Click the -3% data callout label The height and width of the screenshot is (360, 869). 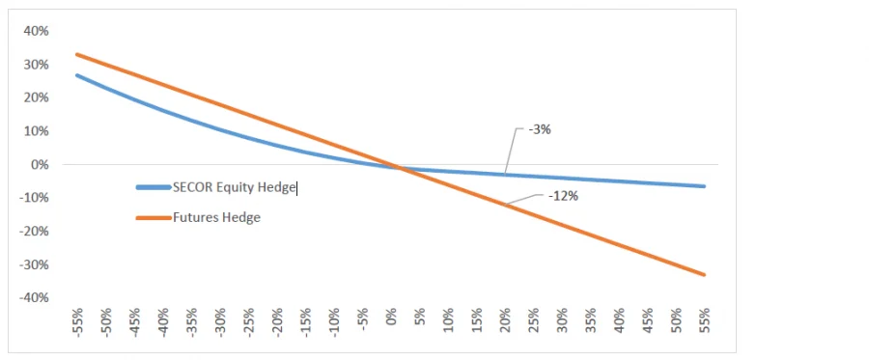click(x=539, y=129)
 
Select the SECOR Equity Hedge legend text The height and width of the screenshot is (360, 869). click(x=234, y=187)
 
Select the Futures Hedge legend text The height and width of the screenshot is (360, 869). click(x=216, y=217)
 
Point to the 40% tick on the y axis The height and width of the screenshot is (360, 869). click(x=36, y=31)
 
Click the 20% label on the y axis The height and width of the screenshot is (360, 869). click(x=36, y=97)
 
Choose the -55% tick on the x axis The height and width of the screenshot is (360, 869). click(x=76, y=321)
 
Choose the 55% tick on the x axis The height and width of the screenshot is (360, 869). click(x=704, y=321)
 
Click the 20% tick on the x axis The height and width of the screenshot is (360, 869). click(x=504, y=321)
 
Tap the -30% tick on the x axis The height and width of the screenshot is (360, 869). click(x=219, y=321)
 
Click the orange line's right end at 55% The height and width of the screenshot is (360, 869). click(x=704, y=275)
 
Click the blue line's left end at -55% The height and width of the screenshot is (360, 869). click(x=76, y=75)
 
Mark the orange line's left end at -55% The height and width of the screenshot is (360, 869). click(x=76, y=54)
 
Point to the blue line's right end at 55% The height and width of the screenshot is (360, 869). click(x=704, y=186)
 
